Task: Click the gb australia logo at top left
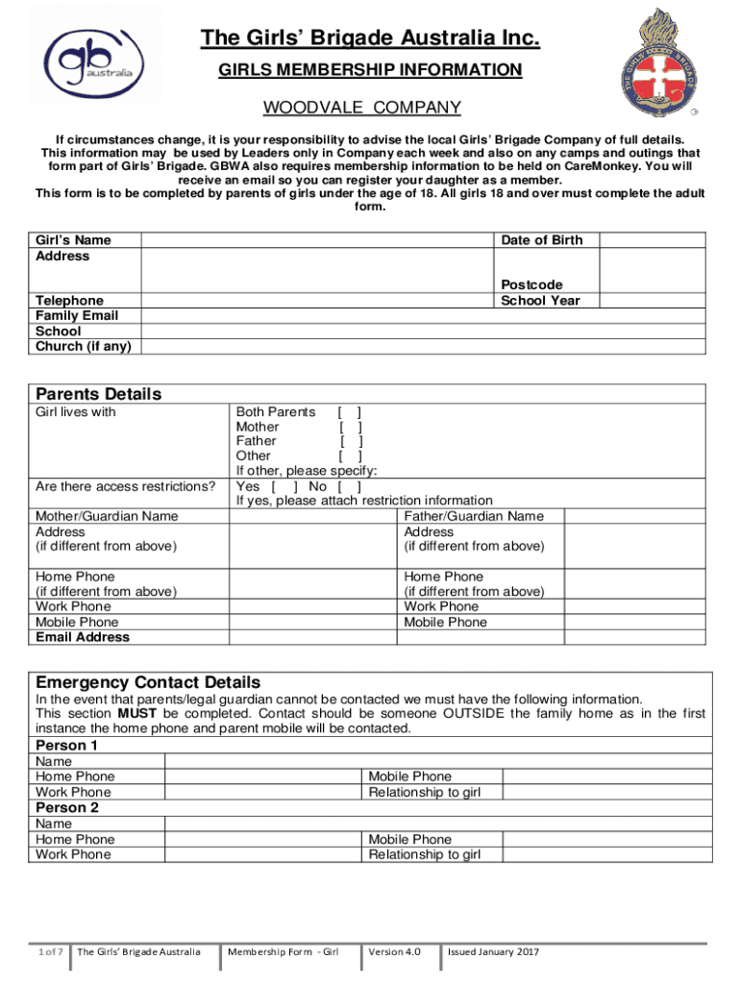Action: click(x=87, y=57)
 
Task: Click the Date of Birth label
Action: click(x=541, y=240)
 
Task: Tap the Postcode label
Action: click(x=531, y=284)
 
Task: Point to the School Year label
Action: click(x=541, y=300)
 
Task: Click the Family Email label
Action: click(x=77, y=315)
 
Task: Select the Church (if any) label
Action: click(x=84, y=346)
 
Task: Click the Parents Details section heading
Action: click(x=98, y=394)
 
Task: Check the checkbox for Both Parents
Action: click(x=350, y=412)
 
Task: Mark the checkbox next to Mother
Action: click(x=350, y=427)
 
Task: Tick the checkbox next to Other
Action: click(x=350, y=455)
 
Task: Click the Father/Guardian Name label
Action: click(x=474, y=516)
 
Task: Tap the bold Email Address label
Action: click(x=83, y=637)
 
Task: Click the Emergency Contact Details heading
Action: click(x=148, y=682)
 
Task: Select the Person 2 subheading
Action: click(x=67, y=808)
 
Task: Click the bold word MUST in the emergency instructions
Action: click(x=134, y=714)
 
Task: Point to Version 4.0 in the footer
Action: click(x=395, y=951)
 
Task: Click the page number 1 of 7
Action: click(x=49, y=951)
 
